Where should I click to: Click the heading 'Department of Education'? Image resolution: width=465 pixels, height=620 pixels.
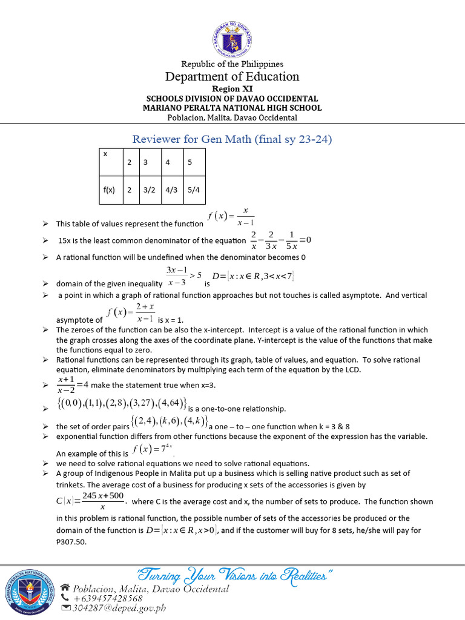(232, 76)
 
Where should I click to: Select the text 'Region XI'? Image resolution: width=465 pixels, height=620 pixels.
(232, 88)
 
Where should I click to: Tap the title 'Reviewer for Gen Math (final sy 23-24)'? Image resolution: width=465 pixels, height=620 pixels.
(232, 140)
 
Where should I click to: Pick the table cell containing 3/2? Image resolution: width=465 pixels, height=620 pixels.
(148, 189)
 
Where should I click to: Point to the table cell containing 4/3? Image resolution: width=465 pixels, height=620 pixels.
(171, 189)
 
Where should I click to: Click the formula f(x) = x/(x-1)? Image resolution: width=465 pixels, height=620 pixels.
(231, 216)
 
